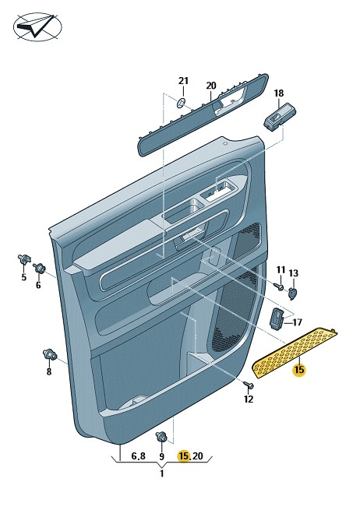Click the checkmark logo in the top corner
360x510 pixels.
coord(37,26)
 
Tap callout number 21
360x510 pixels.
coord(183,81)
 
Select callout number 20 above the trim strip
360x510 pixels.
coord(211,86)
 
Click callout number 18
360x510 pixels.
coord(279,93)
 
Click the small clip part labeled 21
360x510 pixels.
coord(182,103)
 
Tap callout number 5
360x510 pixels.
coord(23,277)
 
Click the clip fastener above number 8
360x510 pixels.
coord(50,354)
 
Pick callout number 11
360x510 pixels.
coord(281,269)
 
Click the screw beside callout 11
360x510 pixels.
coord(279,287)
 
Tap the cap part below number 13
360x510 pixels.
coord(293,294)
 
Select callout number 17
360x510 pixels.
coord(298,322)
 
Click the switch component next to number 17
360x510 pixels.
coord(276,318)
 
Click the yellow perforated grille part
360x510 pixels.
coord(295,353)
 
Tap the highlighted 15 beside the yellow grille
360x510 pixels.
coord(299,370)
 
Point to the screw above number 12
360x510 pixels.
coord(249,385)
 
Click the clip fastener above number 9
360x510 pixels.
coord(162,436)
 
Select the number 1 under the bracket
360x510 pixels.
coord(162,473)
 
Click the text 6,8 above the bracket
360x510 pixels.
coord(139,456)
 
